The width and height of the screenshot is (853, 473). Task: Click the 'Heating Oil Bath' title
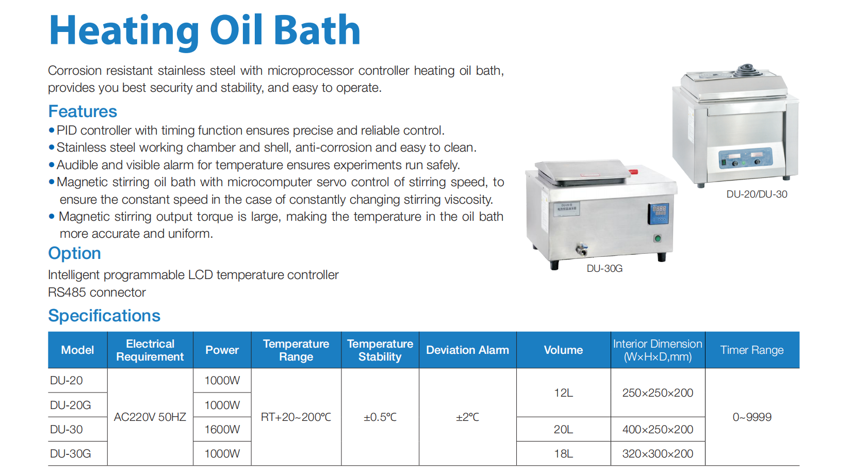[205, 30]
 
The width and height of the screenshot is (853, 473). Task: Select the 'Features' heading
[83, 111]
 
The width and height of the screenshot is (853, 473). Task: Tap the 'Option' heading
[75, 253]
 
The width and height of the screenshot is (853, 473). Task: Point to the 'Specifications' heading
[104, 316]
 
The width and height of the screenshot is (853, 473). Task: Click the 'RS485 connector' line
[97, 292]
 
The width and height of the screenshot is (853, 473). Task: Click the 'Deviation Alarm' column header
[467, 350]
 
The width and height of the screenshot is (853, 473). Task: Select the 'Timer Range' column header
[752, 350]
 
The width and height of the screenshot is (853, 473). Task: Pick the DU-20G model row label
[71, 405]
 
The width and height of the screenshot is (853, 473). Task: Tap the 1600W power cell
[222, 429]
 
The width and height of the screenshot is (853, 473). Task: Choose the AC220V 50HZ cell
[150, 417]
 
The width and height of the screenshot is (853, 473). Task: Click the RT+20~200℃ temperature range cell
[296, 417]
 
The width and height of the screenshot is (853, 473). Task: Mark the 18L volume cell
[563, 453]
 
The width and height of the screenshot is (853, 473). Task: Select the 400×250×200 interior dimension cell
[658, 429]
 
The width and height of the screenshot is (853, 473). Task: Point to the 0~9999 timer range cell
[752, 417]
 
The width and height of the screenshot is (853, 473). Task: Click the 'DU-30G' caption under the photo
[604, 269]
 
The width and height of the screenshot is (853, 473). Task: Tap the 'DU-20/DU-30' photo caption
[757, 194]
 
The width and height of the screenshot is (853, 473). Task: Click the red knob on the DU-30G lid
[633, 172]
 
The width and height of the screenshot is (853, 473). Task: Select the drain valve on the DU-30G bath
[581, 250]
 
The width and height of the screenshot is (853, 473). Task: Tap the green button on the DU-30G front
[657, 239]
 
